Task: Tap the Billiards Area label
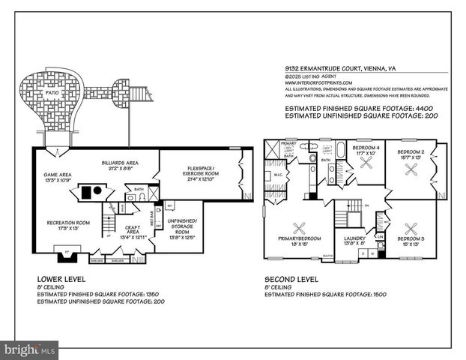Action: click(x=121, y=163)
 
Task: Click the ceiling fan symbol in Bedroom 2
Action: click(x=411, y=170)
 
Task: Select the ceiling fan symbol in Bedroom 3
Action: click(x=411, y=230)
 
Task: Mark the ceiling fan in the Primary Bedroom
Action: click(x=300, y=229)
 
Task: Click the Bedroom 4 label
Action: click(x=367, y=148)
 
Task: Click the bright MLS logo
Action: click(x=30, y=349)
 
